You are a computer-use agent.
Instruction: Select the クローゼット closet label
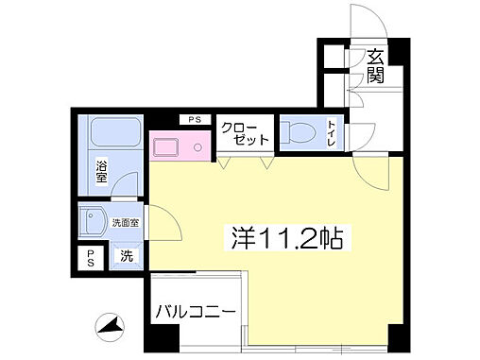245,133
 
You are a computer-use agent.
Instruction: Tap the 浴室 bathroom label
101,172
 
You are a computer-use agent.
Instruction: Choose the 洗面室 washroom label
126,223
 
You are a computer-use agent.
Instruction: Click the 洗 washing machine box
126,255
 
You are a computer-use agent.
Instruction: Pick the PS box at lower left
91,257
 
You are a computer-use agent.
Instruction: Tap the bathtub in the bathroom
116,135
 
